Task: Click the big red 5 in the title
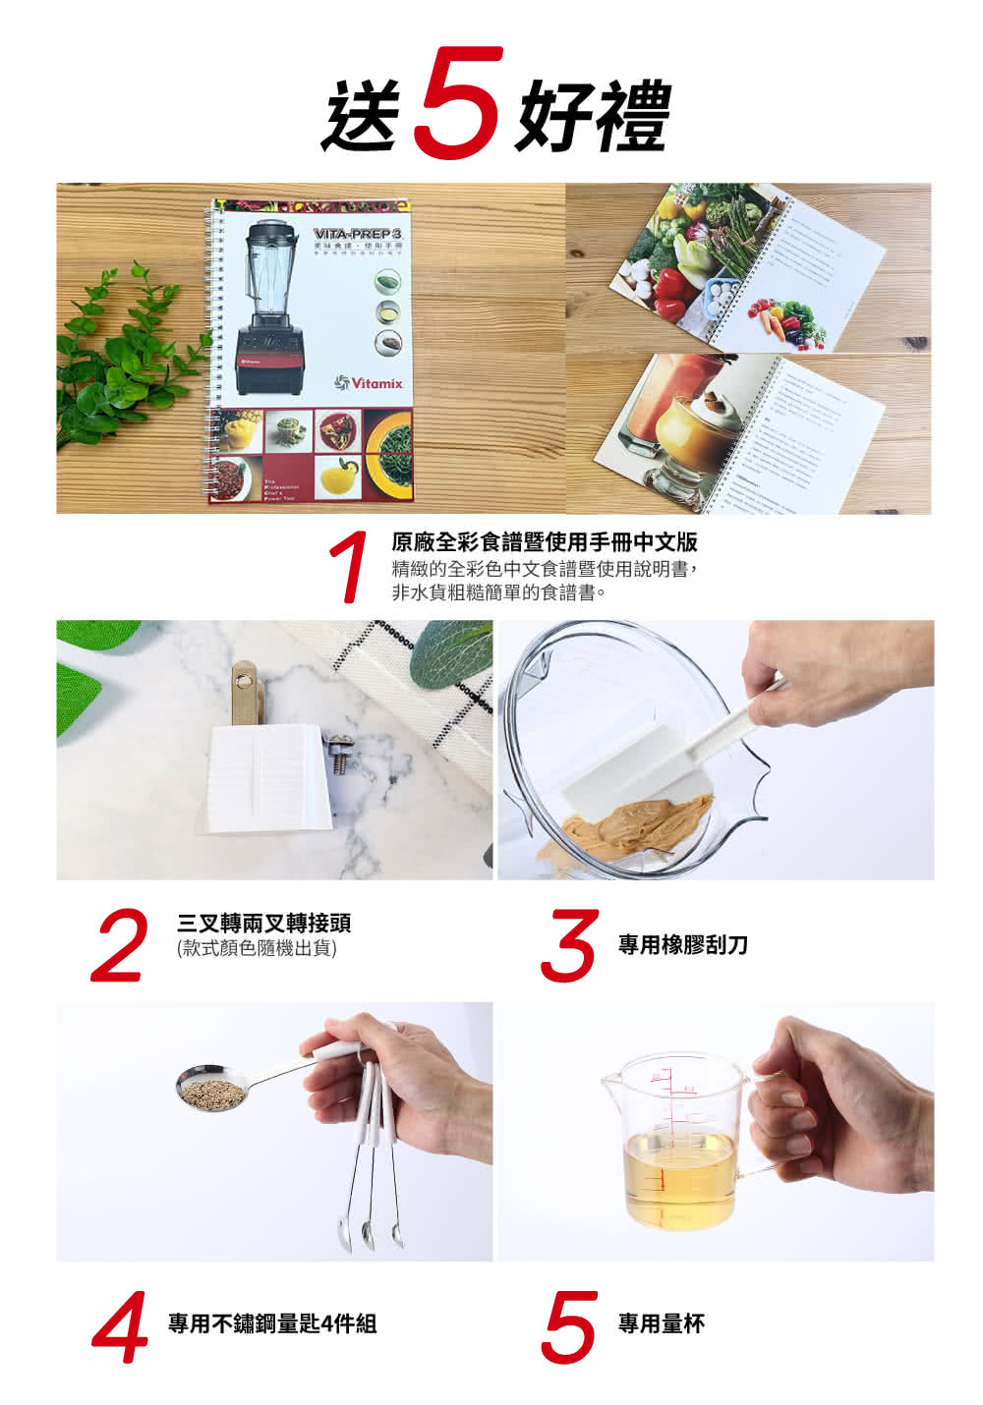(458, 102)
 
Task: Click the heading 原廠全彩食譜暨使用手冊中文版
(544, 542)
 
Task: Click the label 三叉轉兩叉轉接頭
(263, 924)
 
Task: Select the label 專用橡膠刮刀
(682, 945)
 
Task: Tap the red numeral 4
(121, 1328)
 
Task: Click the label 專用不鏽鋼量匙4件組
(271, 1324)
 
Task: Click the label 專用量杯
(661, 1324)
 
